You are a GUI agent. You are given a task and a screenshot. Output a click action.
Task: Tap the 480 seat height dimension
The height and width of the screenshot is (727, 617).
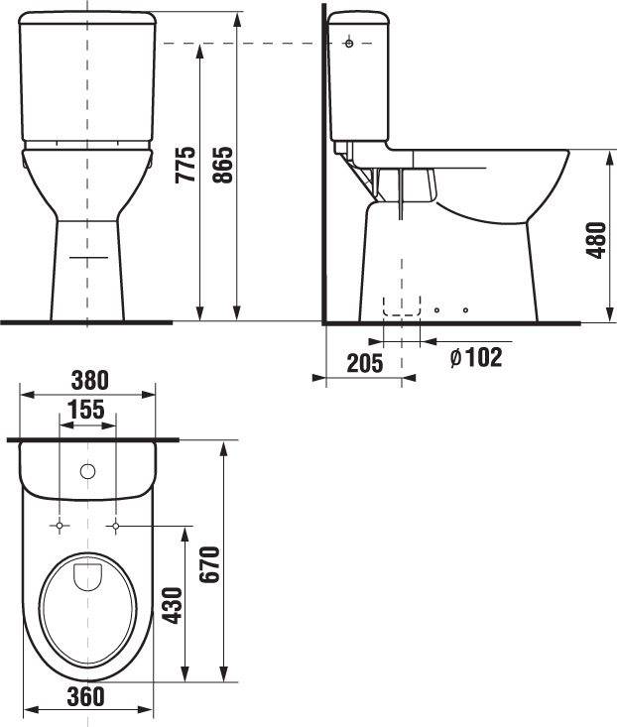point(595,239)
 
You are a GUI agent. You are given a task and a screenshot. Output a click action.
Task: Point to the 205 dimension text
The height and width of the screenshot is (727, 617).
point(364,363)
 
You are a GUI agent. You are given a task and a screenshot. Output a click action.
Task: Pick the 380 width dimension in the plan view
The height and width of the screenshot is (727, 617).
point(89,380)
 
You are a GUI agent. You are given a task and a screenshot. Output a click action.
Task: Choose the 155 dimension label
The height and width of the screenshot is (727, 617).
point(87,410)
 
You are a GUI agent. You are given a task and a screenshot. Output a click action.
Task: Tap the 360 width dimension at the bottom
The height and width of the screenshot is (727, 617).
point(86,696)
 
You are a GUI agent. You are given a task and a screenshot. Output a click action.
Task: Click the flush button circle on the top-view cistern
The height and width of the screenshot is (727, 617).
point(88,471)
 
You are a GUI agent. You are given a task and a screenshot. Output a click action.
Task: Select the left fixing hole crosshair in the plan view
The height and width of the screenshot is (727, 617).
point(61,524)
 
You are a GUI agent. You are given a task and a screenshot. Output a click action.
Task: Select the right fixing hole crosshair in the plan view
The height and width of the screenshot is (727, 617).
point(116,524)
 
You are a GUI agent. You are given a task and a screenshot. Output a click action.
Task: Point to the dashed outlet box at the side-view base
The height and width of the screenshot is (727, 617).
point(402,307)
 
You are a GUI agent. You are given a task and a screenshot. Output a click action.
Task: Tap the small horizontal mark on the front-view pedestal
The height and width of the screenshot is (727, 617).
point(88,258)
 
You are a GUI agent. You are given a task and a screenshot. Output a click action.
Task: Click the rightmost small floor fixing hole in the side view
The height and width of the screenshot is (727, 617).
point(465,310)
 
